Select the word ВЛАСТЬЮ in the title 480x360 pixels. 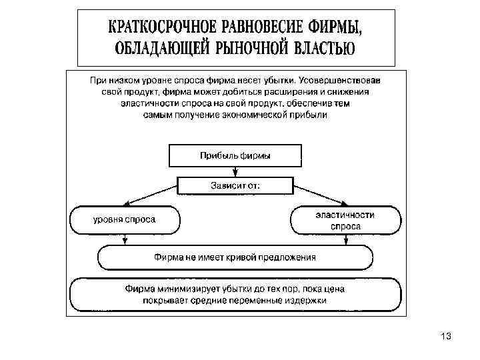[317, 48]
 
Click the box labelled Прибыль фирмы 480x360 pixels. [235, 156]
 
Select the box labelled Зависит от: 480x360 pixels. [235, 185]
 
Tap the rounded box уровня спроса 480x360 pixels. [125, 220]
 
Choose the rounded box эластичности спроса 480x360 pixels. [345, 220]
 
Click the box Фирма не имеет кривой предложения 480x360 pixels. [235, 257]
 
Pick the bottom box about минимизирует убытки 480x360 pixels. [235, 295]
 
